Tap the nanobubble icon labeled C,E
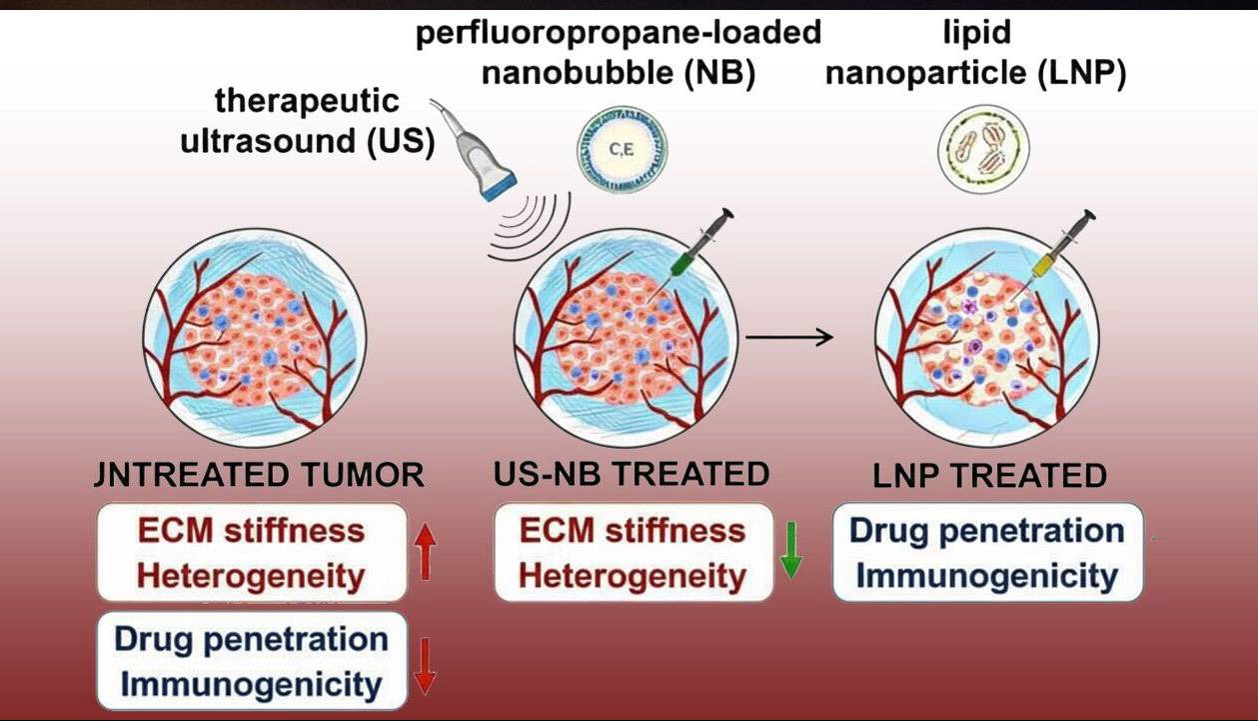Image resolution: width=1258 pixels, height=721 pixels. point(622,151)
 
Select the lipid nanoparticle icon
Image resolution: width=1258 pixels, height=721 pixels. point(983,151)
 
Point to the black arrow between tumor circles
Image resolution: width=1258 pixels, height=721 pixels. point(789,337)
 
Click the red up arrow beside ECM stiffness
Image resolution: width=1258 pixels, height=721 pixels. point(426,553)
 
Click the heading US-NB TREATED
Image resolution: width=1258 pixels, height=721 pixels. point(631,474)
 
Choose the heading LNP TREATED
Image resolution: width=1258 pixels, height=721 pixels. point(989,475)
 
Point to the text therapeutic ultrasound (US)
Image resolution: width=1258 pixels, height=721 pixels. point(307,121)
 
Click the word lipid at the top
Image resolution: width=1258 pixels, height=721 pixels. point(976,33)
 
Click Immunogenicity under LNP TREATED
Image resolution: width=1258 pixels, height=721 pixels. point(987,577)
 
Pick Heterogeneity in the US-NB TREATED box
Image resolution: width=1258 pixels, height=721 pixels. point(632,577)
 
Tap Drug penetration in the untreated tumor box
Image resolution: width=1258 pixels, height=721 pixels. point(251,639)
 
